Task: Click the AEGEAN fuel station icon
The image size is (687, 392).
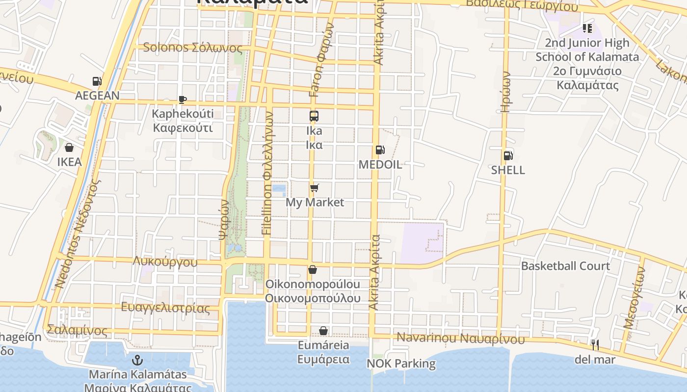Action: (x=97, y=81)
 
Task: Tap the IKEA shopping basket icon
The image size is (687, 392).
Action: (x=69, y=147)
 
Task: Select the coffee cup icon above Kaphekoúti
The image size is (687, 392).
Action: (x=183, y=100)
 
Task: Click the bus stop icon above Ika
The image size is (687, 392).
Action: (x=314, y=116)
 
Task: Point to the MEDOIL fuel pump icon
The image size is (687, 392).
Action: (x=379, y=150)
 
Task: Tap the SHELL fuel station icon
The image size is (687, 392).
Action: (x=508, y=156)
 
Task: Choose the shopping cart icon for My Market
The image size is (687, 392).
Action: (x=315, y=188)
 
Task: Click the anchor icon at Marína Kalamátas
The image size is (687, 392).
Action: (x=138, y=361)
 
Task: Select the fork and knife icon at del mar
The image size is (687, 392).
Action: (x=595, y=345)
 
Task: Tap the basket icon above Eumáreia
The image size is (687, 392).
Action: (x=323, y=331)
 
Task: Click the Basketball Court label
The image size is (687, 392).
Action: (x=565, y=266)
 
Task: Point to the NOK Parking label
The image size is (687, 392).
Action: (x=401, y=364)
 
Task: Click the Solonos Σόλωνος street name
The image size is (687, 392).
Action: (x=192, y=48)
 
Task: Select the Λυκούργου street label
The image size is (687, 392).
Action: (x=165, y=262)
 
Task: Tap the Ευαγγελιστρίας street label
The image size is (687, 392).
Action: (x=165, y=308)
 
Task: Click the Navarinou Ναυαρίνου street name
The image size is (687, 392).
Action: (x=460, y=338)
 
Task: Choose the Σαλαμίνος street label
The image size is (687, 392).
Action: (x=77, y=330)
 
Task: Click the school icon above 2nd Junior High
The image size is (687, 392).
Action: (x=587, y=28)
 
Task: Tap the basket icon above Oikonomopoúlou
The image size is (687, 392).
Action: (x=313, y=270)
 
